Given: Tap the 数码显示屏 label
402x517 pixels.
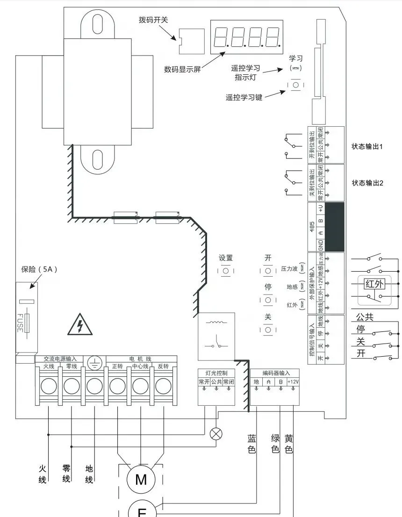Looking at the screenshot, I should tap(182, 69).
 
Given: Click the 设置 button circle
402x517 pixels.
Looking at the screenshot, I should tap(226, 271).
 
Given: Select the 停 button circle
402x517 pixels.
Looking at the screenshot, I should tap(268, 300).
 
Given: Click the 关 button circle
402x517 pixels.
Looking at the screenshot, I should tap(268, 330).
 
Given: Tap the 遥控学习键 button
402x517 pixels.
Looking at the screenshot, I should tap(295, 86).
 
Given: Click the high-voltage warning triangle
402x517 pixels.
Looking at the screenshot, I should tap(80, 324).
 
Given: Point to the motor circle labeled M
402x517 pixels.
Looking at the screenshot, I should tap(141, 479).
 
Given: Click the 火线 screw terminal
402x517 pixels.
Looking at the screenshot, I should tap(49, 386).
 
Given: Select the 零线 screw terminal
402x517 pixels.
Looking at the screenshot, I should tap(72, 386).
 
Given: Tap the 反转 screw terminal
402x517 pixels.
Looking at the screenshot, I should tap(163, 386).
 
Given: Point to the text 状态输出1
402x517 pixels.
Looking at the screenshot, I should tap(367, 146).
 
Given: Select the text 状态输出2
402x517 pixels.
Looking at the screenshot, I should tap(367, 183).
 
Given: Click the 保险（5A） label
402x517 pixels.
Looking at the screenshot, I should tap(39, 269).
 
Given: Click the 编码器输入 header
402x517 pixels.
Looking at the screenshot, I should tap(274, 373).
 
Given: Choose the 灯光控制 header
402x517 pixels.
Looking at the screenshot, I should tap(216, 373).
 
